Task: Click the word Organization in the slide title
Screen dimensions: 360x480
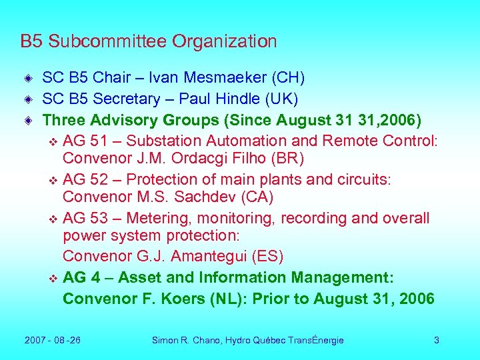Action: coord(224,42)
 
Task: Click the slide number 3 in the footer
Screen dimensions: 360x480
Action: coord(437,340)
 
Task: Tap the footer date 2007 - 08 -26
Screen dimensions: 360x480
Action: coord(53,340)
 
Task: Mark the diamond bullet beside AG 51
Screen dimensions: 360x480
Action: coord(54,142)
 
